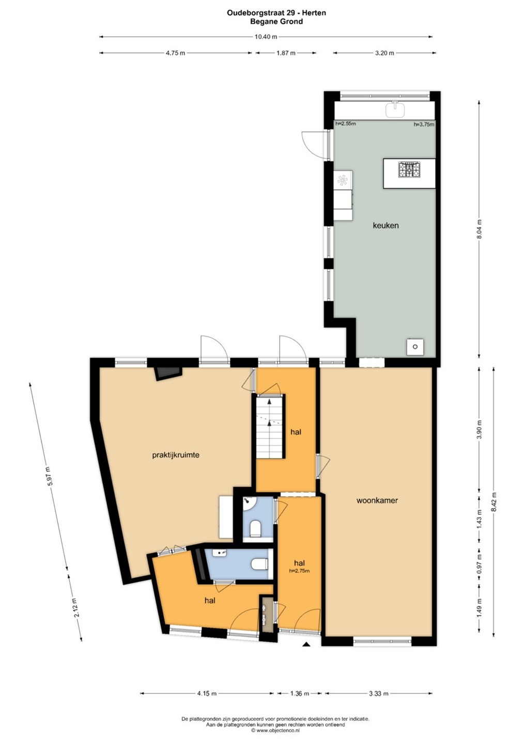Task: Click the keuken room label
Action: point(385,225)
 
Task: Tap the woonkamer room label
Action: point(377,500)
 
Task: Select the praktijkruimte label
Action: point(176,455)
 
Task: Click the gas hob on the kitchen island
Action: point(409,169)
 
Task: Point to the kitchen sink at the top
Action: point(395,109)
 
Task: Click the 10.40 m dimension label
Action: point(266,37)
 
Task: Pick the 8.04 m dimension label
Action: point(479,229)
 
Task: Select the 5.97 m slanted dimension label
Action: point(49,476)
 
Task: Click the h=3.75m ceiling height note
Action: point(424,125)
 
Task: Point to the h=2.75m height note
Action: point(299,571)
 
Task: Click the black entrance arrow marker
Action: point(306,644)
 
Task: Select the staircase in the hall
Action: point(269,427)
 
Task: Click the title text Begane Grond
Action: point(276,22)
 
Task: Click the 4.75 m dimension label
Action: point(175,53)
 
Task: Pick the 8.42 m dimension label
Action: point(493,503)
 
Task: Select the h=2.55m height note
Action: point(346,124)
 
